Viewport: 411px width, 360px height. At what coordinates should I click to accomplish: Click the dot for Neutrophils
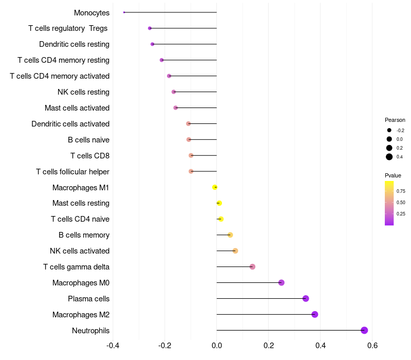[364, 330]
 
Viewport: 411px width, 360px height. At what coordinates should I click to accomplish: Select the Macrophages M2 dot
[315, 314]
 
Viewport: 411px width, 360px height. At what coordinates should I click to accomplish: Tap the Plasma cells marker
[306, 298]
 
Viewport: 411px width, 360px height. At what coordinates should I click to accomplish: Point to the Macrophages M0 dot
[282, 282]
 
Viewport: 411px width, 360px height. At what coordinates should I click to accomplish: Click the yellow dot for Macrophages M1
[215, 187]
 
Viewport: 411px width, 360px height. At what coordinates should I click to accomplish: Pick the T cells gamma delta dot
[252, 266]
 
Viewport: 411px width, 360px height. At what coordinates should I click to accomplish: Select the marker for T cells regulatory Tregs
[150, 28]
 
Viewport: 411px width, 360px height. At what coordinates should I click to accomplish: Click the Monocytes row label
[91, 12]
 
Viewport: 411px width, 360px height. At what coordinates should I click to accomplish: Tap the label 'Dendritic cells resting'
[74, 44]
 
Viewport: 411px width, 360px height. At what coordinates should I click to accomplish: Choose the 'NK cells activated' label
[80, 251]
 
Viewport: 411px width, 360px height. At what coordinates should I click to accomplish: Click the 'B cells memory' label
[84, 235]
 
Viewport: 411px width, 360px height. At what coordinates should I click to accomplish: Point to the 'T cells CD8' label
[90, 155]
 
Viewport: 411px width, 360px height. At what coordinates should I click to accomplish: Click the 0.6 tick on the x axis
[372, 345]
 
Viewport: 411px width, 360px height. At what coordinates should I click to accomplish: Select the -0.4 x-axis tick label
[113, 345]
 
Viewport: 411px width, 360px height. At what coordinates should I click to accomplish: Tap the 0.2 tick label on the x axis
[269, 345]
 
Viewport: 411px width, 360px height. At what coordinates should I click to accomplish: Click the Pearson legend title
[395, 120]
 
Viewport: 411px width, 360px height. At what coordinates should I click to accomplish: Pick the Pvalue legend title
[393, 175]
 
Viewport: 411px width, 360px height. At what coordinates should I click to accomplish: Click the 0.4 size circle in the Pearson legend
[389, 157]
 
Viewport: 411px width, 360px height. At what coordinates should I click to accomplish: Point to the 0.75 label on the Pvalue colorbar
[401, 191]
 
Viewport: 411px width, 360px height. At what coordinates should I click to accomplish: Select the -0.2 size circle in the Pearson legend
[389, 130]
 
